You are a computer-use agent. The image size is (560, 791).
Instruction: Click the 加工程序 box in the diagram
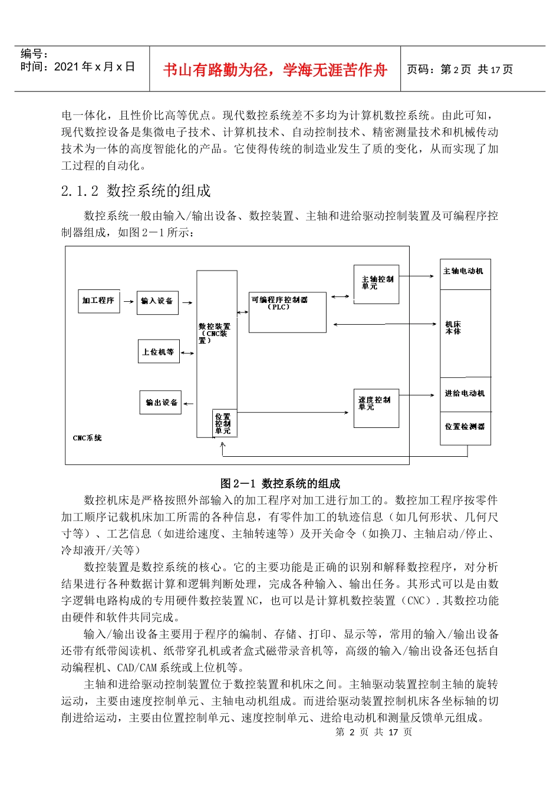click(x=98, y=301)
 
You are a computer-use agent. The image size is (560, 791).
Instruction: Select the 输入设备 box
click(x=157, y=302)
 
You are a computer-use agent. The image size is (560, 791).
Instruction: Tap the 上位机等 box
click(x=159, y=352)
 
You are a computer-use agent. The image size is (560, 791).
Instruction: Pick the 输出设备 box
click(x=161, y=403)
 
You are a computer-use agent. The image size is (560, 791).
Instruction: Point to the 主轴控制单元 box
click(x=376, y=285)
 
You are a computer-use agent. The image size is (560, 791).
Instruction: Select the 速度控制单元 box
click(x=375, y=408)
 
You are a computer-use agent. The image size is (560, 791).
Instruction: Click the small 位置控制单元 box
click(x=224, y=423)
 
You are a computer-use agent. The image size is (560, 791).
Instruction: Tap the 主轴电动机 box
click(x=465, y=273)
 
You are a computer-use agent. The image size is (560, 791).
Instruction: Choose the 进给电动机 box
click(x=465, y=394)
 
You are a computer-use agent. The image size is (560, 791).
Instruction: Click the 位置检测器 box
click(x=465, y=427)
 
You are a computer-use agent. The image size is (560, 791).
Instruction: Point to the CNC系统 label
click(x=87, y=438)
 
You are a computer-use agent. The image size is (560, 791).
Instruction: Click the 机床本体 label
click(x=453, y=328)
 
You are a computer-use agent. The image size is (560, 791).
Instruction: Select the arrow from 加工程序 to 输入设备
click(x=129, y=302)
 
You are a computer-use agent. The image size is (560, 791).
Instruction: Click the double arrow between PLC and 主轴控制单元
click(x=340, y=296)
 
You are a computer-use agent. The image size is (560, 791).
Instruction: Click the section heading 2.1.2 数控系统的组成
click(x=136, y=191)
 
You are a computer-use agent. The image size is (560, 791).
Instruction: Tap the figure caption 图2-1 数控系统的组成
click(x=280, y=483)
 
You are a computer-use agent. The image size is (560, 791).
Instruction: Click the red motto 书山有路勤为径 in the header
click(x=275, y=70)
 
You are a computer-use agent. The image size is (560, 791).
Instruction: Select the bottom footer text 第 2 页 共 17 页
click(x=374, y=732)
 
